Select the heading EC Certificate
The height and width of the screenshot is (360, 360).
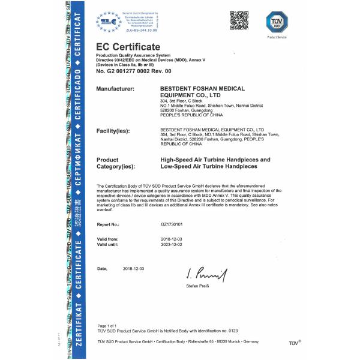(x=128, y=47)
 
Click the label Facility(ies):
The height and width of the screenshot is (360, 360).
(x=115, y=130)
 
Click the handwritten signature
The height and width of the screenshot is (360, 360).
(x=206, y=275)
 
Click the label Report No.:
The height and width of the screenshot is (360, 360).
(x=108, y=224)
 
